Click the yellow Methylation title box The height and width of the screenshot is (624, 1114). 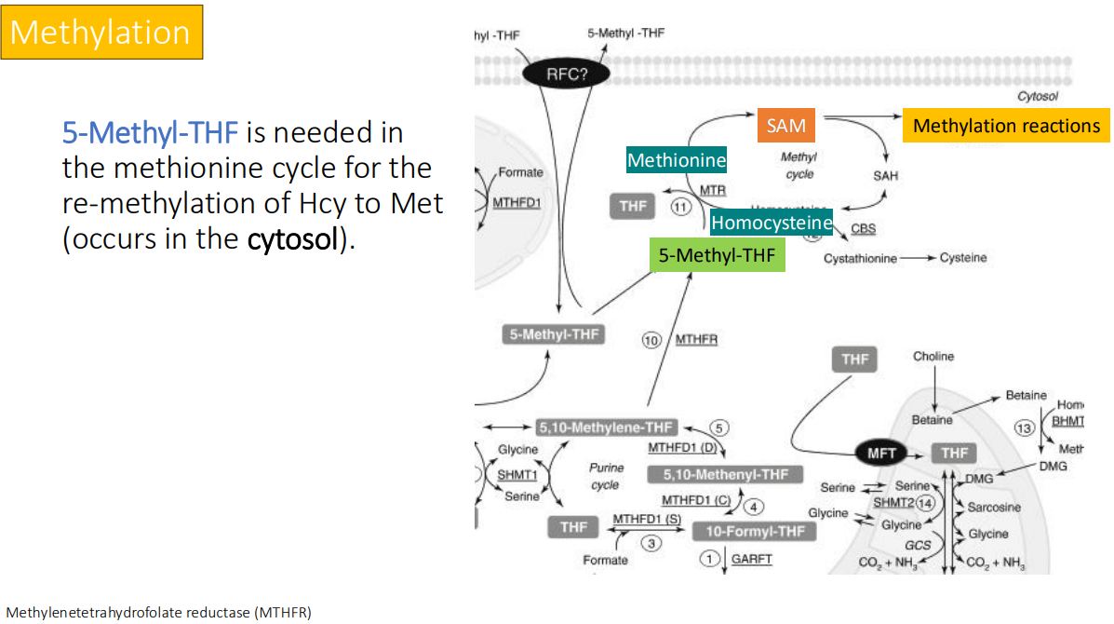tap(101, 32)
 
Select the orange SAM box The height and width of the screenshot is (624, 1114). tap(785, 126)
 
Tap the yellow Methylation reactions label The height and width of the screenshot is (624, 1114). tap(1005, 126)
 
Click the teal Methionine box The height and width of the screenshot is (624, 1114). tap(677, 160)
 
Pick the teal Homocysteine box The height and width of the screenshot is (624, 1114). tap(772, 223)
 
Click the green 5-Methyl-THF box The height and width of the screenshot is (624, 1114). tap(717, 255)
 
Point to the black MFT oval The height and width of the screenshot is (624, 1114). tap(880, 454)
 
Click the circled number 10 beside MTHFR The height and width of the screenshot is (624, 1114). tap(651, 340)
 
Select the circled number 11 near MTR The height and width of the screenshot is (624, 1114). tap(680, 207)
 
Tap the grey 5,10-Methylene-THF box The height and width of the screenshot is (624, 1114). tap(605, 427)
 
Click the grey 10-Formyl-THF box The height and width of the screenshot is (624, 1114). tap(755, 531)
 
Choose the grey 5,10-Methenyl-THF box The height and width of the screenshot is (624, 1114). tap(725, 475)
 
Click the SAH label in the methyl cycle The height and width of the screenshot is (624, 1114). tap(885, 175)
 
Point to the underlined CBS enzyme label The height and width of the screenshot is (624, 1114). tap(863, 229)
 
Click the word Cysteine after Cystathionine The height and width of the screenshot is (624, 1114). tap(963, 258)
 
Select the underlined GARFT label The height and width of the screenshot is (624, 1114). tap(751, 559)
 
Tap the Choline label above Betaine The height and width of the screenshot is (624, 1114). tap(933, 357)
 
